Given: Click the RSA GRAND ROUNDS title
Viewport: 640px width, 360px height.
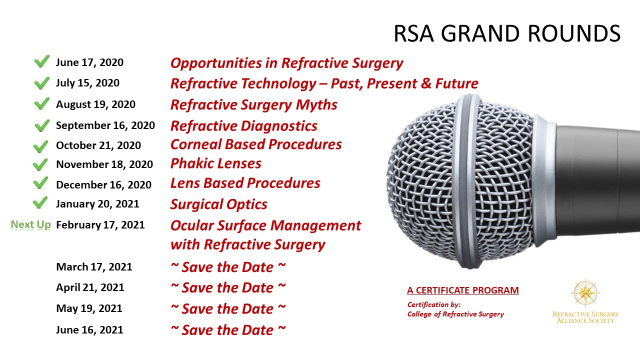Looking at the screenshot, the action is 507,33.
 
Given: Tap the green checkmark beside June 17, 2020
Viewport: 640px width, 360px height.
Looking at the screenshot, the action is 41,61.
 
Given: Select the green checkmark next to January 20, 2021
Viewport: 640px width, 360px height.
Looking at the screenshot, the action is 40,202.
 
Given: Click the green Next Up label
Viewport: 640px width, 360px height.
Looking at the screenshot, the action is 30,224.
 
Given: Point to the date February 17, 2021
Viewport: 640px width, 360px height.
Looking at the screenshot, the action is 100,225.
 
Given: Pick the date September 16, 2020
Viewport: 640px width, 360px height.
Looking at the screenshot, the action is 105,125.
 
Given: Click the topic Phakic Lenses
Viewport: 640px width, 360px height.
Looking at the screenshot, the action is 215,163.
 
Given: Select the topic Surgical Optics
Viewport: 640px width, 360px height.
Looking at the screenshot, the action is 219,204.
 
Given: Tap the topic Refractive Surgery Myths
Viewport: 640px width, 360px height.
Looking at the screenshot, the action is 253,105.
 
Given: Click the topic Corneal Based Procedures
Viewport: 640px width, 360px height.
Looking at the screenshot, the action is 256,144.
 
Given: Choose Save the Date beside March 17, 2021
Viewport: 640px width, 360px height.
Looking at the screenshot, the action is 228,267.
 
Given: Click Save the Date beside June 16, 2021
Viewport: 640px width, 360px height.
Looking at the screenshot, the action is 228,330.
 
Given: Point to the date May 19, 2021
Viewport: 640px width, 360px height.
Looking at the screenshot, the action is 89,308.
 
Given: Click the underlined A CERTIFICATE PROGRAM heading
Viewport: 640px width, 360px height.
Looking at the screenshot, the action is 463,290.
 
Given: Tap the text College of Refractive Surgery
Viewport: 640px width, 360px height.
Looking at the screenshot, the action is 455,314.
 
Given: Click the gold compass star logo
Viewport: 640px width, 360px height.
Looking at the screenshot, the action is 585,293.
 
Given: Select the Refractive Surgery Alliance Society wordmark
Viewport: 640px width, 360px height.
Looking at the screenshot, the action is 585,317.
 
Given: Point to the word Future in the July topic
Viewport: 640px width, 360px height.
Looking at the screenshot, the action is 456,83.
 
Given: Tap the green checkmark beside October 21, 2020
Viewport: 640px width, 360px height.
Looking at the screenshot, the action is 40,146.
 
